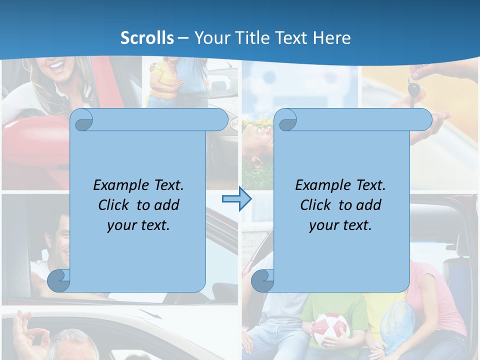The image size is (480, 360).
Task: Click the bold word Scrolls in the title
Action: [147, 38]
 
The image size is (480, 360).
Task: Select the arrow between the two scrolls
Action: [236, 199]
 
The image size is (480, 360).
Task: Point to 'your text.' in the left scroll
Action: [138, 225]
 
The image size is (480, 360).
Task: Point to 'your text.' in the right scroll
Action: [340, 225]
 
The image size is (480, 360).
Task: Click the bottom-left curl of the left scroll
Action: [59, 280]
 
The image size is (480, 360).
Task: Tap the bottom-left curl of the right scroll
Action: [262, 280]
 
